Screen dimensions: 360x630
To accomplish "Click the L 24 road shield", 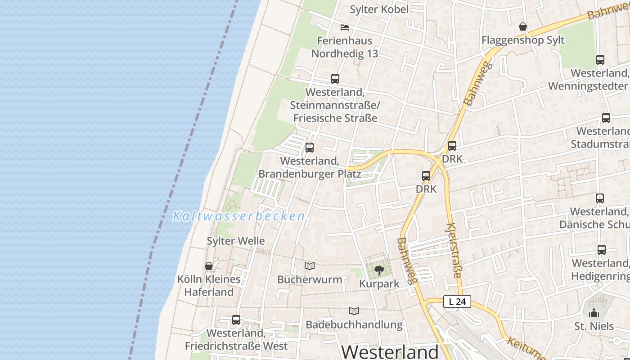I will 457,301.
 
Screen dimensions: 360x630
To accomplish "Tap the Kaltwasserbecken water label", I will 239,216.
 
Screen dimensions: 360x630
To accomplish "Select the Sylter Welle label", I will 236,241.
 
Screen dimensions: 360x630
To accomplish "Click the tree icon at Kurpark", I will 379,270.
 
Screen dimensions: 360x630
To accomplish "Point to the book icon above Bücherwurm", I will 310,266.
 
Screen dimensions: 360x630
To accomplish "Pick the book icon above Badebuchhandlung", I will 354,311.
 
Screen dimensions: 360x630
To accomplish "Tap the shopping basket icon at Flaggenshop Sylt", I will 523,27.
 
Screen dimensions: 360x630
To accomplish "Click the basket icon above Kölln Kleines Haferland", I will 209,266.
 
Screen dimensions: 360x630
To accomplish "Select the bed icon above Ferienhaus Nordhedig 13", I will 345,27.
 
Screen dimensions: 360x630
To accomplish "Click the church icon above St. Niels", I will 594,313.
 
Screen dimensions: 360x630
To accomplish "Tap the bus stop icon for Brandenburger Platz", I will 310,148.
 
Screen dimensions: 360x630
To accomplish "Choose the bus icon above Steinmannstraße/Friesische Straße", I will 335,79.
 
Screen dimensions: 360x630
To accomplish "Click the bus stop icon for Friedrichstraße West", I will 236,320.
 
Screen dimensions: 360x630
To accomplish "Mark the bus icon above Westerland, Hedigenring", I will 602,250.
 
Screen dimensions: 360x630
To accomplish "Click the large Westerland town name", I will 390,351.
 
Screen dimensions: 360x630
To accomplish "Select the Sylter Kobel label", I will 379,9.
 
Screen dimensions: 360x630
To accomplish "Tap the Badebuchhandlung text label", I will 354,324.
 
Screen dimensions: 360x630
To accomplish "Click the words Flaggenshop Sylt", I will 523,40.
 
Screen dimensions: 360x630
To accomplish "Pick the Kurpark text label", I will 379,284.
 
